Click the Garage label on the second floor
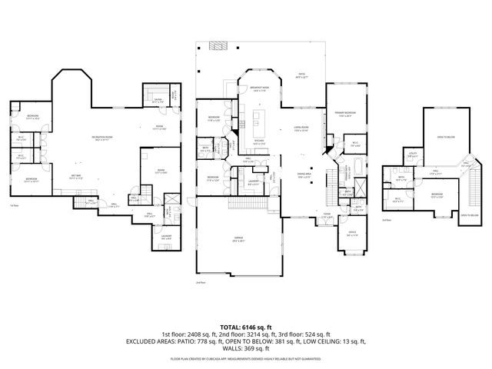[239, 240]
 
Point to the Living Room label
[301, 128]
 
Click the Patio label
[302, 55]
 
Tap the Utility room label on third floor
[412, 155]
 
